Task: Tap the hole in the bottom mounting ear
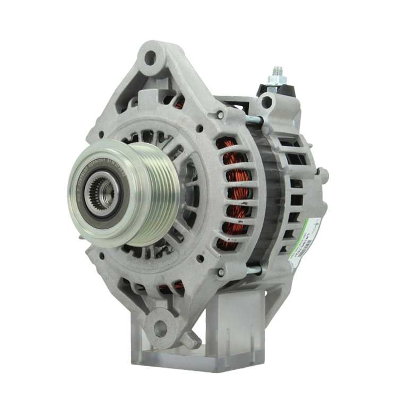pos(160,328)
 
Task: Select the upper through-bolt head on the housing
pos(220,115)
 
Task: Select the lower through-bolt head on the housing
pos(221,273)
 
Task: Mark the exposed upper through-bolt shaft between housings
pos(255,119)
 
